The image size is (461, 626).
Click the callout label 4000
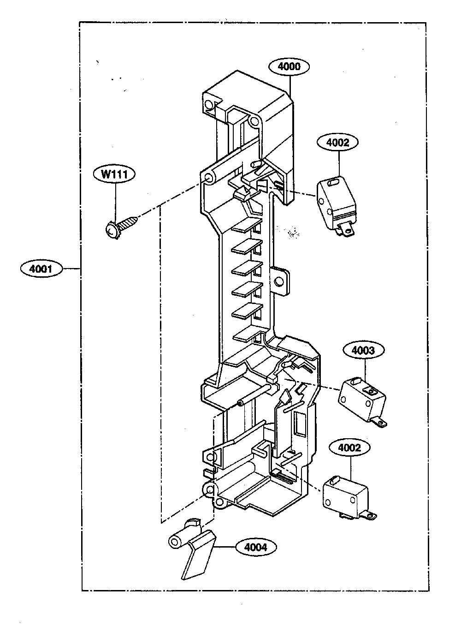point(289,66)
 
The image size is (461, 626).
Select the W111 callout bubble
point(114,174)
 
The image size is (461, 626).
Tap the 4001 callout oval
point(41,269)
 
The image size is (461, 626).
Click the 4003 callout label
point(363,351)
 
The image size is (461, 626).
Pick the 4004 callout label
point(256,547)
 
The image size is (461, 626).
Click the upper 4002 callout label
point(337,143)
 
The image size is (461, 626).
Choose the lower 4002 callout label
point(349,447)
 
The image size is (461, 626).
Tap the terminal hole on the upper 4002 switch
point(347,231)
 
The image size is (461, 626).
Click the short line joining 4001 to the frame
point(71,269)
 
